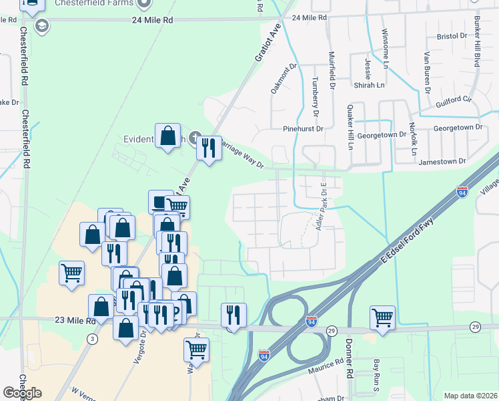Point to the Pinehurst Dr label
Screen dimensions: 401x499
[303, 128]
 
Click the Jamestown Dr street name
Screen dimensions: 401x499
[442, 162]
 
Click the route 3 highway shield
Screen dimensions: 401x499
[91, 340]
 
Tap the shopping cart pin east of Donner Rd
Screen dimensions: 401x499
[382, 317]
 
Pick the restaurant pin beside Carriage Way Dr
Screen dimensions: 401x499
[209, 148]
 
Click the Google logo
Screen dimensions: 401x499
[22, 393]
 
